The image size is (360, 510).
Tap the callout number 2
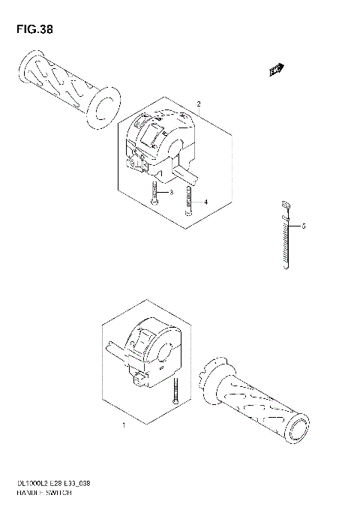tap(198, 103)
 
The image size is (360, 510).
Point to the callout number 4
tap(205, 202)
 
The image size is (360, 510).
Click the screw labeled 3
tap(153, 194)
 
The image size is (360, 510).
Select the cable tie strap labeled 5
tap(285, 240)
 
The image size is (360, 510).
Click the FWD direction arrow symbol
tap(276, 70)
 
